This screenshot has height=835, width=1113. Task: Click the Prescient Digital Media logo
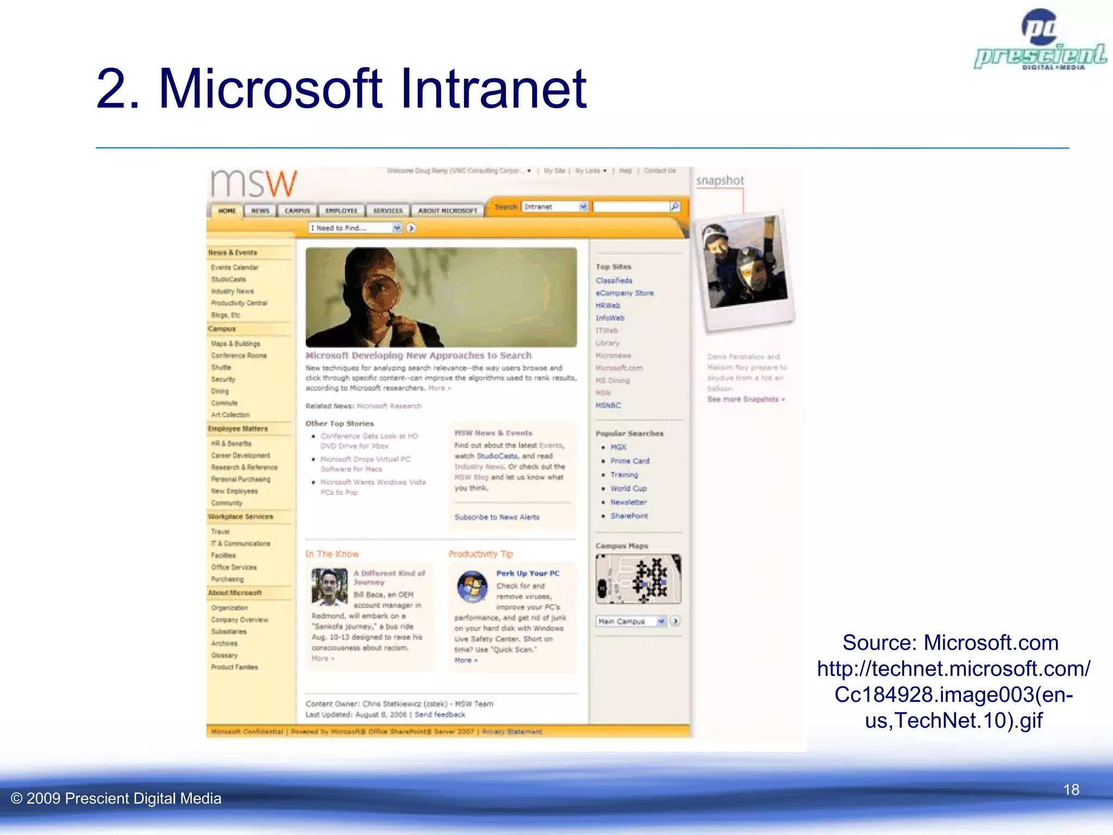coord(1040,41)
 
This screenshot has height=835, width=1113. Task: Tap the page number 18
coord(1071,789)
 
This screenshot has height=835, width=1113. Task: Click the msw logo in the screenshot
coord(254,183)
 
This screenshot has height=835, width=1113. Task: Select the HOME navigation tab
coord(227,211)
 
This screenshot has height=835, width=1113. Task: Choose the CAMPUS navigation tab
coord(297,211)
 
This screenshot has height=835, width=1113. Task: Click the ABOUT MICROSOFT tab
coord(447,211)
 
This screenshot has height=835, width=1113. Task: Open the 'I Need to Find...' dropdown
coord(355,228)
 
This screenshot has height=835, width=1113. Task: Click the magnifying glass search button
coord(674,207)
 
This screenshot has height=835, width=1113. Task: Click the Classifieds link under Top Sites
coord(614,281)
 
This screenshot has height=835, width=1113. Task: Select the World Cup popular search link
coord(628,489)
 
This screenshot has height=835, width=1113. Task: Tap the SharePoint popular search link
coord(629,516)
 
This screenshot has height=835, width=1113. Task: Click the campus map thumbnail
coord(638,579)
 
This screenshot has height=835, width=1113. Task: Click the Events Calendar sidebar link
coord(235,267)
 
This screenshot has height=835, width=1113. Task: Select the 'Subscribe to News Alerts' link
coord(497,518)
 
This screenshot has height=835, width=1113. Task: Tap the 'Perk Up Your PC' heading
coord(528,574)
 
